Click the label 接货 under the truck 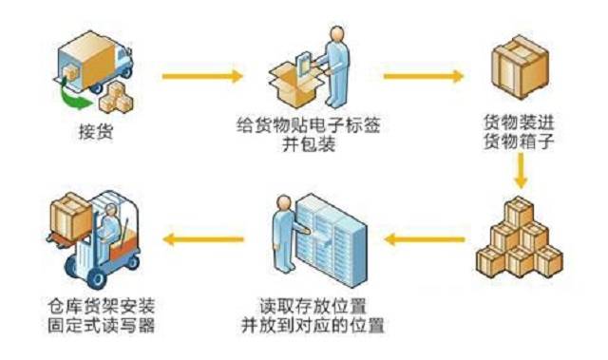click(x=96, y=131)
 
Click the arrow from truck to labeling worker click(x=202, y=76)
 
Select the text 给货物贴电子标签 click(x=309, y=124)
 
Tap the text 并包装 click(x=309, y=144)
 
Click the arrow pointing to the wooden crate click(x=424, y=76)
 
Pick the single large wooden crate click(x=520, y=66)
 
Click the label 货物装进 click(x=520, y=123)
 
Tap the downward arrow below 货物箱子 click(x=520, y=171)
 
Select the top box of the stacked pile click(x=520, y=212)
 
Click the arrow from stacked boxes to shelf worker click(x=425, y=239)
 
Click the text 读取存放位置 click(x=313, y=306)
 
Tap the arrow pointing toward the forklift click(x=203, y=239)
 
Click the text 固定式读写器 click(x=102, y=325)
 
